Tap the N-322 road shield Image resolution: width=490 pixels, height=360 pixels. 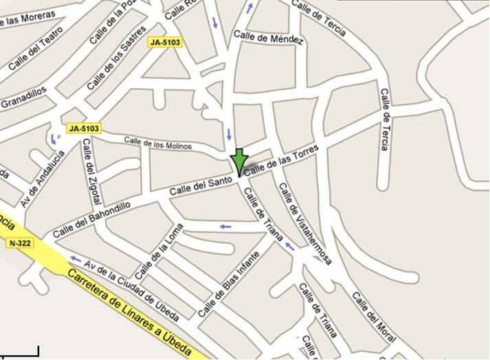pos(21,243)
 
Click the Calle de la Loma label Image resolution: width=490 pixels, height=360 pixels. pos(159,250)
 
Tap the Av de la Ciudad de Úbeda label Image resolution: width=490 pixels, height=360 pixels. pos(131,289)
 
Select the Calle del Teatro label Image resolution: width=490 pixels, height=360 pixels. pos(36,48)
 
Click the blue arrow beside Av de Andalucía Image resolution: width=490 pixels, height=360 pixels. pos(53,138)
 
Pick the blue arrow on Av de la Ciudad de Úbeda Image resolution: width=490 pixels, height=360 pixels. pos(76,258)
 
